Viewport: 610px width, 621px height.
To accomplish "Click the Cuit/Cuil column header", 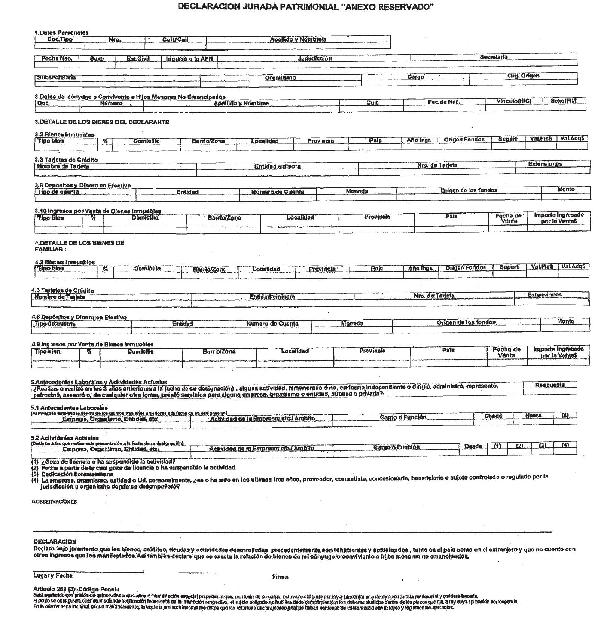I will point(175,40).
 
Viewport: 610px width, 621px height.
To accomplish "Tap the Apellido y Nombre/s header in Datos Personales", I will point(298,39).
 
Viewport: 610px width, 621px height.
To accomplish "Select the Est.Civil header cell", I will point(138,59).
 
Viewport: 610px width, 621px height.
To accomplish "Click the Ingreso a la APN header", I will point(189,59).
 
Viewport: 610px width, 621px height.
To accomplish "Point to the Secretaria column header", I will point(494,57).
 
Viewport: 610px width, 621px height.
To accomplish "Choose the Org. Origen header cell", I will point(523,76).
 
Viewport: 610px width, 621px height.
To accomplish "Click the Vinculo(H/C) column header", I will point(514,101).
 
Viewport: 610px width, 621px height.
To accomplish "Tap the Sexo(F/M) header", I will point(564,101).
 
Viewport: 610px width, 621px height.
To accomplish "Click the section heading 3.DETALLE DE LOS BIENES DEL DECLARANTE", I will point(102,122).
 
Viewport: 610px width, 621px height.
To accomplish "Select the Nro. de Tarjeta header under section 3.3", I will point(437,165).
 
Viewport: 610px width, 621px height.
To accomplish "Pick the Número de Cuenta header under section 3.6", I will point(277,192).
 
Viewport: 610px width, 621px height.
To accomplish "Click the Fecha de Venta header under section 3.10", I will point(508,218).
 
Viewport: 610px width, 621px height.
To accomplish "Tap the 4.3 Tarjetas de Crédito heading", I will point(62,290).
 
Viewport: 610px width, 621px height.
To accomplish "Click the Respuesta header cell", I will point(549,385).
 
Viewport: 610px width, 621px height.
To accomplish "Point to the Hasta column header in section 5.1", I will point(533,416).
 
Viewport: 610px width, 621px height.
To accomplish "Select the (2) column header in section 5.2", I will point(519,446).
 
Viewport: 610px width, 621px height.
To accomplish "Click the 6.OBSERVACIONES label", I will point(55,502).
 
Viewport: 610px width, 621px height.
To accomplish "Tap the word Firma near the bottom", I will point(280,577).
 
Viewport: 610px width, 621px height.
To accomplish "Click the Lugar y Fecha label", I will point(53,576).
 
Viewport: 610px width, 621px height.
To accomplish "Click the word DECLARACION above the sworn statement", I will point(55,542).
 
